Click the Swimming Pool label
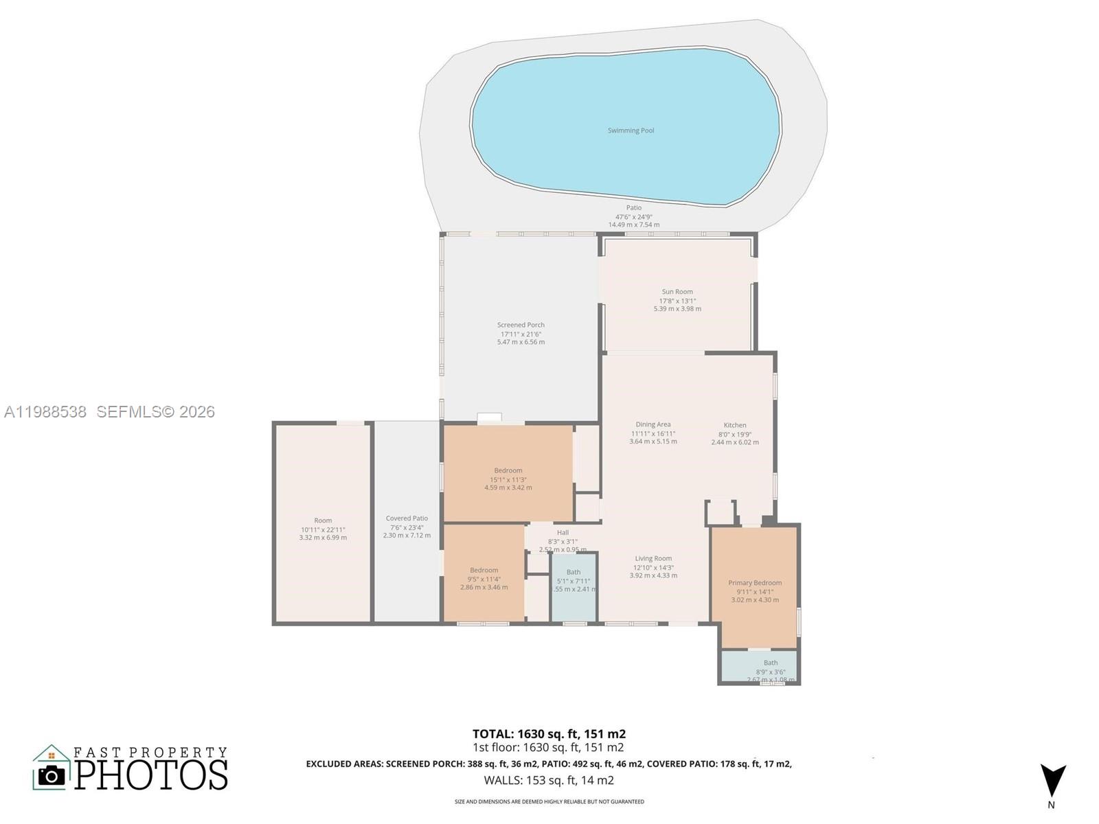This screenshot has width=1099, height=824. click(x=631, y=130)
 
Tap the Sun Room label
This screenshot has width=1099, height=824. click(x=677, y=292)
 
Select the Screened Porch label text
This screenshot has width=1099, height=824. click(x=521, y=325)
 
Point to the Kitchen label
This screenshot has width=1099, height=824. click(x=734, y=425)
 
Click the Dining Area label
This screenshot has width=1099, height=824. click(x=653, y=424)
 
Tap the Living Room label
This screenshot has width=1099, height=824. click(x=653, y=558)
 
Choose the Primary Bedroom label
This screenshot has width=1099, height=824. click(x=755, y=583)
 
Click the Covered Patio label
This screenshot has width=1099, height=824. click(x=407, y=518)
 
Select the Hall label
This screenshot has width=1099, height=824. click(x=563, y=532)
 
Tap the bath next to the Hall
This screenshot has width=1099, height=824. click(x=574, y=581)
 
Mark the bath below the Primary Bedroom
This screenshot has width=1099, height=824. click(x=770, y=666)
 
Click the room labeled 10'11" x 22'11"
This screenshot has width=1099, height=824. click(x=323, y=525)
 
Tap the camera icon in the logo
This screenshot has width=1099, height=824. click(x=52, y=775)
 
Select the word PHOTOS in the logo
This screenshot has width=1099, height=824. click(x=151, y=775)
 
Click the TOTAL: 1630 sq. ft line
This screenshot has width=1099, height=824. click(x=549, y=733)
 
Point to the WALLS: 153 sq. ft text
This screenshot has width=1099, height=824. click(x=549, y=780)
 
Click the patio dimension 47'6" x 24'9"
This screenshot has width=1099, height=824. click(x=633, y=216)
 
